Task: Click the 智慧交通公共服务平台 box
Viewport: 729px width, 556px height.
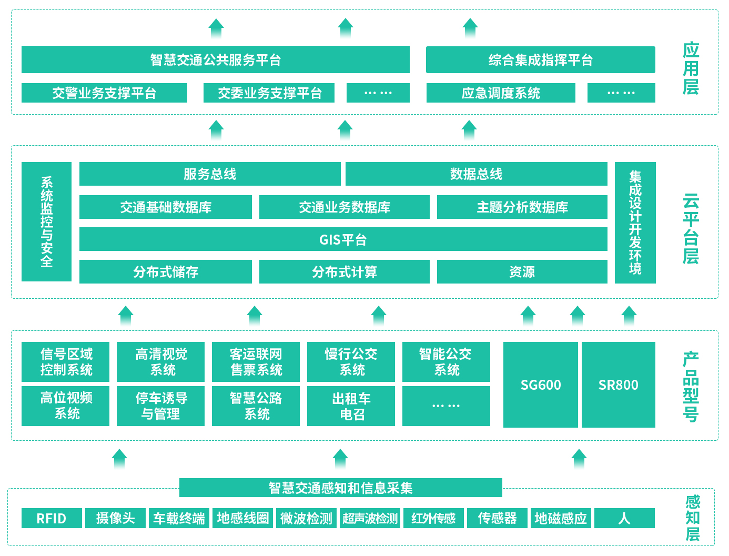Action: click(215, 59)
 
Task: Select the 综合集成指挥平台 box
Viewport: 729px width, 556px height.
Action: click(540, 59)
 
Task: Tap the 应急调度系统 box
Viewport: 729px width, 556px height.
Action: click(501, 93)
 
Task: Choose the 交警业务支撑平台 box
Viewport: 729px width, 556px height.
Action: click(104, 93)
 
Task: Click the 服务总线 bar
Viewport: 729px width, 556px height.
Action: click(210, 174)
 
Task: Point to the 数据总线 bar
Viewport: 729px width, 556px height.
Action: click(476, 174)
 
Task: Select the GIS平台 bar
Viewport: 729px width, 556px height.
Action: click(343, 239)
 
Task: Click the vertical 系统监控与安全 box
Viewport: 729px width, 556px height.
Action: click(46, 221)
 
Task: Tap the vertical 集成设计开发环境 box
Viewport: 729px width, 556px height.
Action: click(635, 223)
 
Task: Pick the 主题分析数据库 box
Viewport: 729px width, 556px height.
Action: click(522, 207)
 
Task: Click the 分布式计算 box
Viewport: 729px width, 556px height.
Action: click(345, 272)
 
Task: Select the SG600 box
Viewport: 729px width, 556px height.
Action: click(540, 385)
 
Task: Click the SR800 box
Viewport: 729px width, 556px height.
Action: click(619, 385)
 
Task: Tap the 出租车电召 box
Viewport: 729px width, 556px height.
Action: click(351, 406)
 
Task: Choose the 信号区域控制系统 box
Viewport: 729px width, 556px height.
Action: click(65, 362)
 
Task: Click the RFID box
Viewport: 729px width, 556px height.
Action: click(52, 518)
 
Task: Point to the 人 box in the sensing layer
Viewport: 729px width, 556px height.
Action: click(624, 518)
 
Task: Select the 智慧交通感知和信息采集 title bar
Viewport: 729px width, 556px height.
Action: click(340, 488)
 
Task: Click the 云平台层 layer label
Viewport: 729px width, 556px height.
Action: click(691, 229)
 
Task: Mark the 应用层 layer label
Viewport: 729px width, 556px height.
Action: click(691, 69)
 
